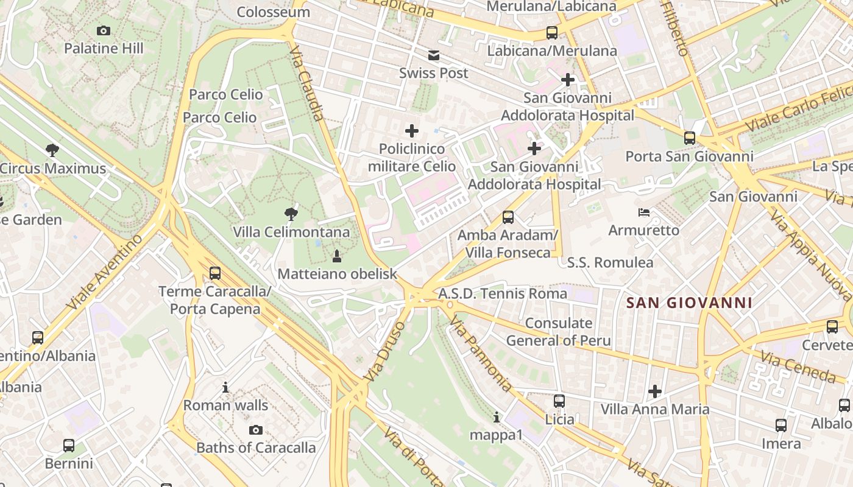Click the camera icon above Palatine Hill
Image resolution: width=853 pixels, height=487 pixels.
104,30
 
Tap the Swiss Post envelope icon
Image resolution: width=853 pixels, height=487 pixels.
434,56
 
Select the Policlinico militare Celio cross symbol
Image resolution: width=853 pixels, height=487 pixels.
412,131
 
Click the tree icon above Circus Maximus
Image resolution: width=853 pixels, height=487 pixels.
52,150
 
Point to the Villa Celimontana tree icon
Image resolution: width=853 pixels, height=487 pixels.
291,214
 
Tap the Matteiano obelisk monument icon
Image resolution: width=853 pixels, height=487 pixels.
336,256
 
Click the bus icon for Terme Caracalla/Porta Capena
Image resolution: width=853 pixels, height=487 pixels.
214,273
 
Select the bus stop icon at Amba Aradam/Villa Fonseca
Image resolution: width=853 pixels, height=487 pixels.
508,217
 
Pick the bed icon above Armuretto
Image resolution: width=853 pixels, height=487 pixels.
643,212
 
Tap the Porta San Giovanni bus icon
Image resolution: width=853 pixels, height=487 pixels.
689,138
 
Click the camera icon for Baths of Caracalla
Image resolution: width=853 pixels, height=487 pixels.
256,430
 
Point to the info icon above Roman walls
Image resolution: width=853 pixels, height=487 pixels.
225,387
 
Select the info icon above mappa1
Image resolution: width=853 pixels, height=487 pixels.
497,417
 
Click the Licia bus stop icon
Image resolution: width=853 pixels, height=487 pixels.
559,401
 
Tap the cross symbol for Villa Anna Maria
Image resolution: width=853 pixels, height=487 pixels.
655,391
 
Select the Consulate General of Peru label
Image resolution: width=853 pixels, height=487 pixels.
558,332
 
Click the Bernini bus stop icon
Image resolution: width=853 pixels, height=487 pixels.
69,446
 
